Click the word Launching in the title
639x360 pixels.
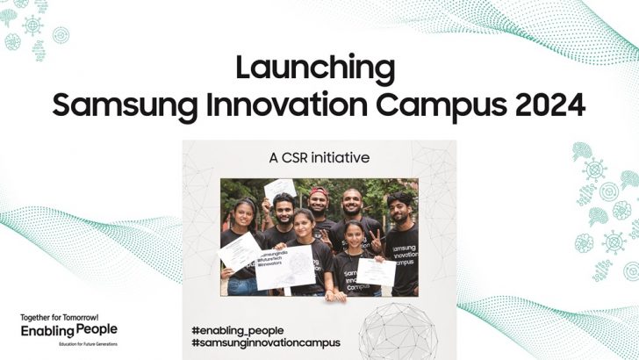[x=319, y=68]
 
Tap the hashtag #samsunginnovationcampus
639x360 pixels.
[x=265, y=342]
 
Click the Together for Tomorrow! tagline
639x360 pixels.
[x=60, y=316]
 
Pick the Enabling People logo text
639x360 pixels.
[x=68, y=330]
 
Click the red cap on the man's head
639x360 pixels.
[x=319, y=192]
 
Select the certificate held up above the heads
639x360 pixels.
[x=280, y=187]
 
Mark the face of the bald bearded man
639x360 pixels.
[x=353, y=204]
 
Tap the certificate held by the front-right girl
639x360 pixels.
[x=377, y=271]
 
